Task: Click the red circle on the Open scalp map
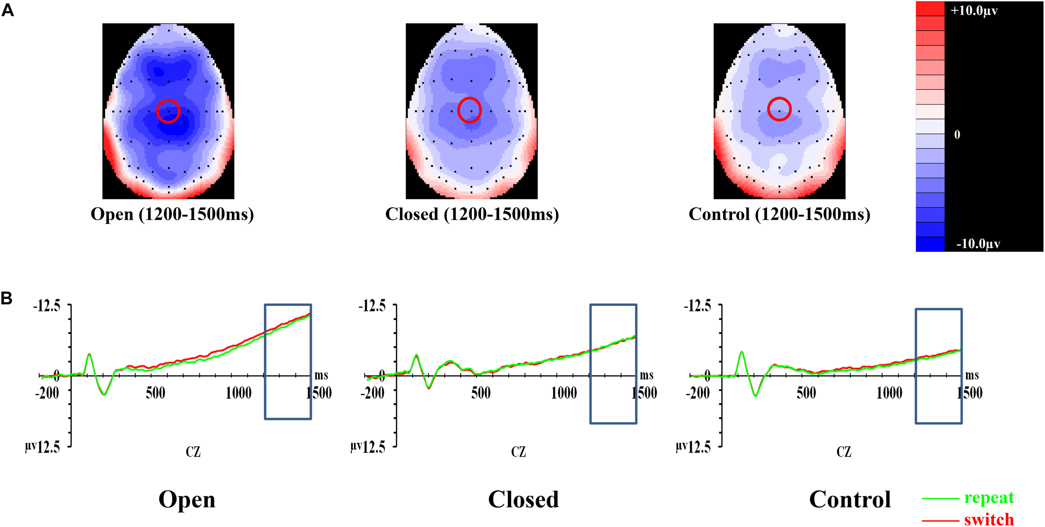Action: click(168, 111)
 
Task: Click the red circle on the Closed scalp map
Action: click(469, 110)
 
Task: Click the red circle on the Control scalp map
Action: click(779, 109)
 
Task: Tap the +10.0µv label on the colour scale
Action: click(974, 10)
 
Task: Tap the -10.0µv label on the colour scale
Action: click(978, 244)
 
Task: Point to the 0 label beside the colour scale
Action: click(957, 135)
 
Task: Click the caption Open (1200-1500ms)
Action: click(172, 214)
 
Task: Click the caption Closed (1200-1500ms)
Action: click(472, 214)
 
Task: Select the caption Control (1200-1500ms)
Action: click(779, 214)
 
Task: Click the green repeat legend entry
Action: click(989, 497)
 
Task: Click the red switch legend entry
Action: click(989, 519)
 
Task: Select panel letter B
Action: click(6, 298)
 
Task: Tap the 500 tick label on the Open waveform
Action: click(155, 393)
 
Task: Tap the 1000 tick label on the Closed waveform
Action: click(564, 393)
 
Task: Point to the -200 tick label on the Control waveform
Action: click(698, 393)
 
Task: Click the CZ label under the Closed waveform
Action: click(518, 452)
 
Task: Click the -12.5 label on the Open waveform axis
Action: click(46, 306)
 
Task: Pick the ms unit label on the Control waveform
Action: click(972, 375)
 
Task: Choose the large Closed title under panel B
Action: click(523, 499)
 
